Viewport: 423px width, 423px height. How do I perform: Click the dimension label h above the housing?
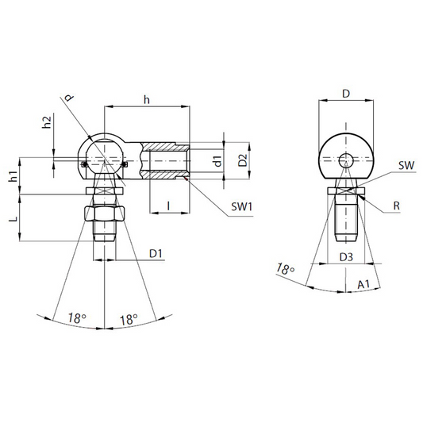[147, 100]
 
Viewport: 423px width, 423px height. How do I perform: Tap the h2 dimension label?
[47, 122]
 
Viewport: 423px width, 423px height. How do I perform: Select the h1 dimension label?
[13, 176]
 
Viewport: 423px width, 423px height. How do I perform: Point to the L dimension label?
[13, 218]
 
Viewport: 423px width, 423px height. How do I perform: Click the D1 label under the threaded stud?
[156, 254]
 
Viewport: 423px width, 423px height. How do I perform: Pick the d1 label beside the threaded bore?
[217, 161]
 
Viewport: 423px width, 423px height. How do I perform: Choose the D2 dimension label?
[243, 160]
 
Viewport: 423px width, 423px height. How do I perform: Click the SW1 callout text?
[242, 207]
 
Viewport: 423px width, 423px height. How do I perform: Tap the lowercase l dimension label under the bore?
[168, 206]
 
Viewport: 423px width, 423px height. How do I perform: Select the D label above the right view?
[346, 94]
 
